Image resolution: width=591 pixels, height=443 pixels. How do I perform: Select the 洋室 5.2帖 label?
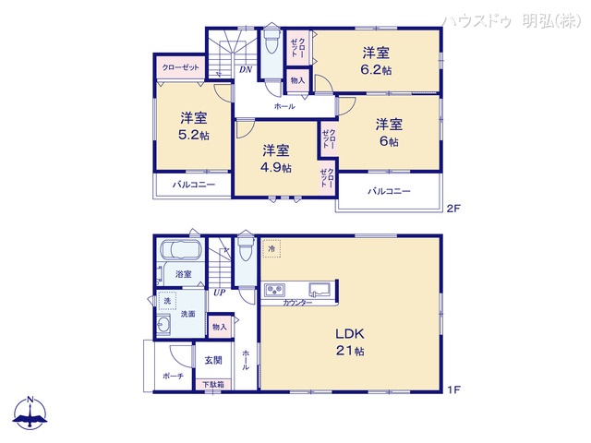click(193, 126)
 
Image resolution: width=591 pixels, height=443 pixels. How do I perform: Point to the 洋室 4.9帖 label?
click(275, 159)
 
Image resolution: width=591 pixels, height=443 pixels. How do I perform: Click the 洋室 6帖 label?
click(388, 133)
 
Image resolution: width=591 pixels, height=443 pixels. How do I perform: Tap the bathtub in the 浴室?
click(182, 251)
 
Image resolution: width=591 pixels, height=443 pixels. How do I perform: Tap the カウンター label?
click(297, 304)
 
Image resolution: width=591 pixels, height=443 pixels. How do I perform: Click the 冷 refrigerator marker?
click(272, 249)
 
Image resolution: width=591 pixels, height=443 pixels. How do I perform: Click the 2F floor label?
click(452, 209)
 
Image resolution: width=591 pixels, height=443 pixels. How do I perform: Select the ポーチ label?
click(173, 377)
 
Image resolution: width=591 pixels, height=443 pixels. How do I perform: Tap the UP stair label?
click(219, 293)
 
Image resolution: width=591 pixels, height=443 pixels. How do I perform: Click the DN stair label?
click(247, 69)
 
